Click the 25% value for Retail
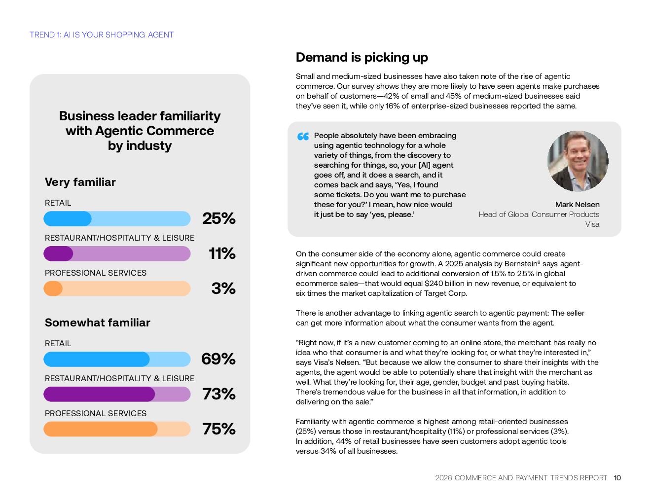pyautogui.click(x=219, y=218)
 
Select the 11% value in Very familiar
pyautogui.click(x=222, y=253)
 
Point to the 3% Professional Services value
pyautogui.click(x=223, y=288)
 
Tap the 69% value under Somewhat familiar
pyautogui.click(x=218, y=359)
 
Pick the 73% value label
pyautogui.click(x=219, y=394)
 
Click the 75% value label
pyautogui.click(x=219, y=429)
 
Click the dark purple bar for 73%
pyautogui.click(x=99, y=394)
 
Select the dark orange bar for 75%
pyautogui.click(x=101, y=429)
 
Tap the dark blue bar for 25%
pyautogui.click(x=68, y=218)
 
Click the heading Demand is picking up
pyautogui.click(x=362, y=58)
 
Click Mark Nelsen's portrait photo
pyautogui.click(x=578, y=161)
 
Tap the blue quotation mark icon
pyautogui.click(x=303, y=136)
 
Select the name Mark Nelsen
pyautogui.click(x=577, y=205)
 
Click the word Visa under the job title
pyautogui.click(x=592, y=224)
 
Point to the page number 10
pyautogui.click(x=617, y=478)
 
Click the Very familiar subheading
pyautogui.click(x=80, y=182)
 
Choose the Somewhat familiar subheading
pyautogui.click(x=98, y=323)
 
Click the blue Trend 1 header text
pyautogui.click(x=102, y=35)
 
